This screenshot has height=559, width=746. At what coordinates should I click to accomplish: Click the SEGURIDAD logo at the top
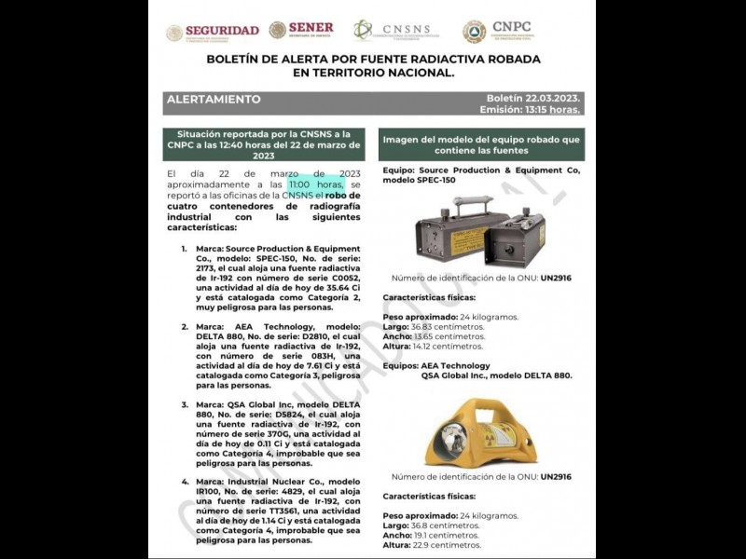coord(213,32)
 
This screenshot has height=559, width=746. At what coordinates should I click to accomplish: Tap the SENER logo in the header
coord(300,31)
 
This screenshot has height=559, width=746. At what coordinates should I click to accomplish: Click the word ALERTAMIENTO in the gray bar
coord(214,99)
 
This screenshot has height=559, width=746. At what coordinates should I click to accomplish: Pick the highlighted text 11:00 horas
coord(322,184)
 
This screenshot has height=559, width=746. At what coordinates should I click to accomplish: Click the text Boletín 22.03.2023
coord(532,98)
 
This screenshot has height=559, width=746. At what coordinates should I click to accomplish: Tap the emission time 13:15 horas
coord(552,109)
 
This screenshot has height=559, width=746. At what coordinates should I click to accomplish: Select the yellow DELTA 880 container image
coord(477,431)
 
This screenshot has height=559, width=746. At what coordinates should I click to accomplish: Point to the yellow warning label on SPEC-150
coord(467,240)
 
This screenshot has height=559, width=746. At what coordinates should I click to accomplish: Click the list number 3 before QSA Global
coord(185,404)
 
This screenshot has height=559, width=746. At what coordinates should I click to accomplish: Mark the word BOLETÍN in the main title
coord(240,59)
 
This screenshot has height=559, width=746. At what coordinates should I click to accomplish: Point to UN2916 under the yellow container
coord(556,477)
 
